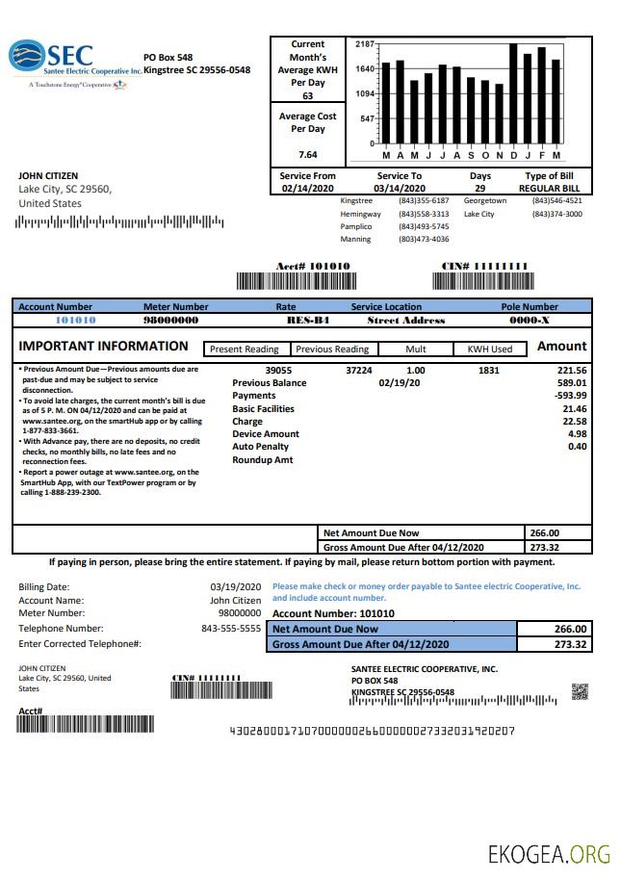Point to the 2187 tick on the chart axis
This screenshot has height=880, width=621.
click(364, 44)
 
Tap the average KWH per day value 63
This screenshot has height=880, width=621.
click(307, 96)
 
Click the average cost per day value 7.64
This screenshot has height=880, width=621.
click(307, 154)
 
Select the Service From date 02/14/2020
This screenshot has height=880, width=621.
click(308, 189)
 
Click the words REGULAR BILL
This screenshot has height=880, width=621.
click(548, 189)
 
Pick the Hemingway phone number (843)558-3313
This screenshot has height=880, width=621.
click(424, 214)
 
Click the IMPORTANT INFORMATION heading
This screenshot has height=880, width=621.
click(104, 347)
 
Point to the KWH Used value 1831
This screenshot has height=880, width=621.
click(489, 370)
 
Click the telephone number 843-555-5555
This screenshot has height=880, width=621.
click(231, 628)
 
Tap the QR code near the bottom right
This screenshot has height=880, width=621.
click(580, 690)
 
